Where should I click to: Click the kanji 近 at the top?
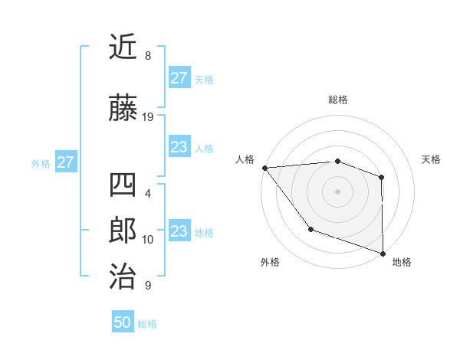(123, 47)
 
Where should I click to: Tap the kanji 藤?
(123, 109)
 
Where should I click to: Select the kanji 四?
(123, 185)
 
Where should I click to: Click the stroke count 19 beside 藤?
(148, 117)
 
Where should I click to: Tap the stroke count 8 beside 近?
(147, 56)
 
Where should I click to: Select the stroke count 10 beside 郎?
(148, 240)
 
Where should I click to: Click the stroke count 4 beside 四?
(147, 194)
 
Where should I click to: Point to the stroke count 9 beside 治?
(147, 286)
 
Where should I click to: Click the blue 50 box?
(123, 322)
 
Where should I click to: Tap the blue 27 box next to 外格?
(65, 162)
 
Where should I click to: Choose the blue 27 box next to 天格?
(179, 78)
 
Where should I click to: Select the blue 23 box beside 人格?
(179, 147)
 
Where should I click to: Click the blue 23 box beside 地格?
(179, 231)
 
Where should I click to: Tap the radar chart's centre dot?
(337, 191)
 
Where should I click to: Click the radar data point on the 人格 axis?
(264, 167)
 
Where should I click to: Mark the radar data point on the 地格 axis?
(383, 253)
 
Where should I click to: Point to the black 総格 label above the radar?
(337, 100)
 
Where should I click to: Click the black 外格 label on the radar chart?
(270, 263)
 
